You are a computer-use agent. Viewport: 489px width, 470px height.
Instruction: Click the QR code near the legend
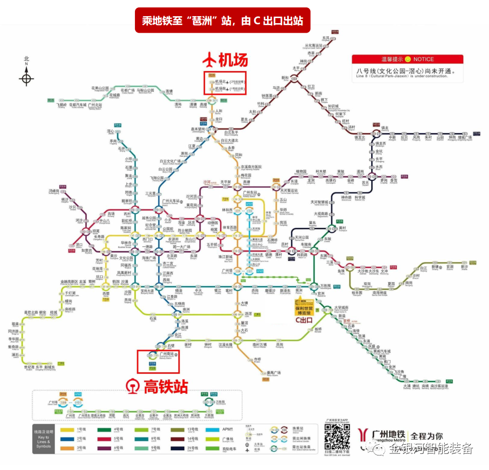337,436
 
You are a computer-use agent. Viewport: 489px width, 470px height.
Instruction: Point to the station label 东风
326,38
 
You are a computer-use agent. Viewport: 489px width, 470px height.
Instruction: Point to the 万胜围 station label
325,286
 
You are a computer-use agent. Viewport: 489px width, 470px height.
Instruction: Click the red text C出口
304,320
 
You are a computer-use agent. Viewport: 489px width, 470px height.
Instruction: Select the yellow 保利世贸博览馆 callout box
304,306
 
